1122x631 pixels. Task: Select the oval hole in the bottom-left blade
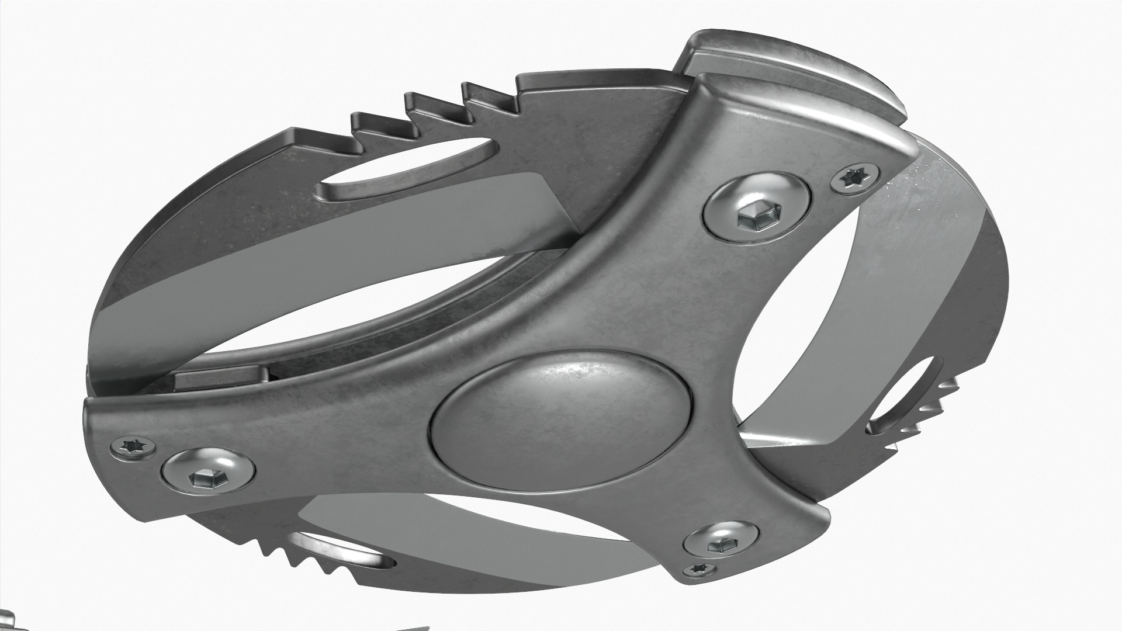point(345,552)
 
